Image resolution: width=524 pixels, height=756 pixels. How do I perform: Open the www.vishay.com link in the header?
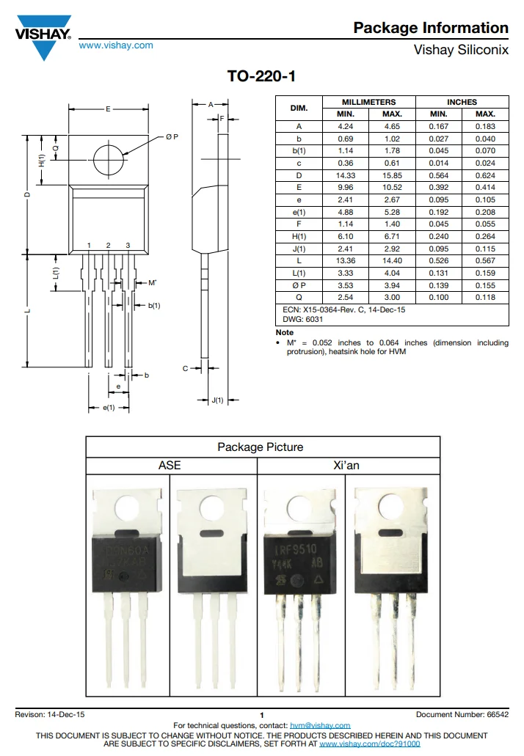coord(116,45)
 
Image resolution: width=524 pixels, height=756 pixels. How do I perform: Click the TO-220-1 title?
coord(261,77)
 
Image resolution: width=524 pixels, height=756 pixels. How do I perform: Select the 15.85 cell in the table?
coord(393,175)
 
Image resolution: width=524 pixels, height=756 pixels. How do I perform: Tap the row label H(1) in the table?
coord(299,237)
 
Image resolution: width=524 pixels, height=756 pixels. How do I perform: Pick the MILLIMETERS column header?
coord(368,102)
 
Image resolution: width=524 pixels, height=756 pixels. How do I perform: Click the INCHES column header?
coord(462,102)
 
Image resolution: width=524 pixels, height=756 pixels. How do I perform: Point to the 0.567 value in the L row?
coord(485,261)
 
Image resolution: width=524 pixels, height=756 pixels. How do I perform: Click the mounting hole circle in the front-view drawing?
coord(108,158)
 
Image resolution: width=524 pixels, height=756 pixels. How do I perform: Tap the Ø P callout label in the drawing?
coord(172,137)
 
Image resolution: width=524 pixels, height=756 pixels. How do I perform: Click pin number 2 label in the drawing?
coord(108,245)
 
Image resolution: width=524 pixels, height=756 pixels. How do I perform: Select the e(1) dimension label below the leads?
coord(109,408)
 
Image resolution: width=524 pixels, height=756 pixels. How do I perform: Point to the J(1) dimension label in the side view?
coord(217,400)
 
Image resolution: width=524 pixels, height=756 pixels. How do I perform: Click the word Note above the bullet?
coord(284,332)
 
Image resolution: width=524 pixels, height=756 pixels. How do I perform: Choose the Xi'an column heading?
coord(346,466)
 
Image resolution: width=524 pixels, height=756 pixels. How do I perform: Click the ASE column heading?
coord(170,466)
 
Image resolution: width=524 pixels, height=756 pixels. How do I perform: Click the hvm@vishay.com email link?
coord(320,725)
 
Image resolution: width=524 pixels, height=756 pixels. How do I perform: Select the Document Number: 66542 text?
coord(462,714)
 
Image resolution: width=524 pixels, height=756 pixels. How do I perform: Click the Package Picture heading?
coord(260,447)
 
